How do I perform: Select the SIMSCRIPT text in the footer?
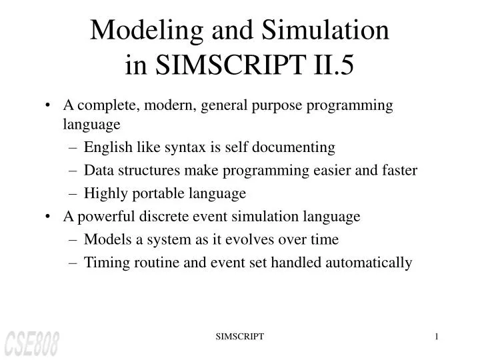tap(240, 338)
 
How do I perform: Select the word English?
tap(107, 147)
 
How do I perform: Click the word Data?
tap(97, 170)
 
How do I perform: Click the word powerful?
tap(103, 217)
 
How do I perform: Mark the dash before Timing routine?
tap(74, 263)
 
